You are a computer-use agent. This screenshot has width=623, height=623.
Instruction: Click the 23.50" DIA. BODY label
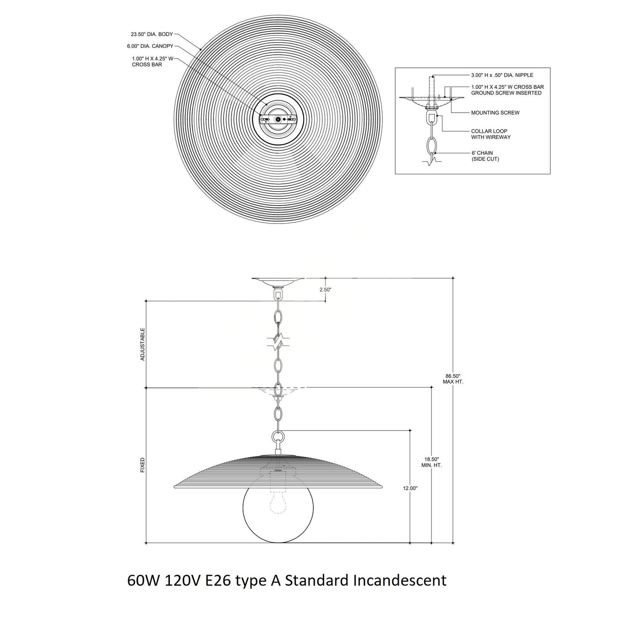152,34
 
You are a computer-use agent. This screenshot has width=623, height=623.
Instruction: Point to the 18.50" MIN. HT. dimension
432,463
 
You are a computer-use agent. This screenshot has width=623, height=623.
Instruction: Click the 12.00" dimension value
410,488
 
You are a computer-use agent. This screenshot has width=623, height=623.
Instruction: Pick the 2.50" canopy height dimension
326,290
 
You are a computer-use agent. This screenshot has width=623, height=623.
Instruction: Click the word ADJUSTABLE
143,344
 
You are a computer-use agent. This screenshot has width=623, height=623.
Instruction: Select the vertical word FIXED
143,465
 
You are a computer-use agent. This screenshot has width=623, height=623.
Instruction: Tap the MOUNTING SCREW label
495,113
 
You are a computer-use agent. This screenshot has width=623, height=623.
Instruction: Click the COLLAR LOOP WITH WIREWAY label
491,134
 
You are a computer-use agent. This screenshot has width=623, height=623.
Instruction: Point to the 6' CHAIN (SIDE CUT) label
485,156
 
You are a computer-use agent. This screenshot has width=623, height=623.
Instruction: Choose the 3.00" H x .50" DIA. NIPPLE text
502,75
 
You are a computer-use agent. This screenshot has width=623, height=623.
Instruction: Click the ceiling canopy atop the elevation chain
278,282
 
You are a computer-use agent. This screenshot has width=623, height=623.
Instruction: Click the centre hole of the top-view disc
278,119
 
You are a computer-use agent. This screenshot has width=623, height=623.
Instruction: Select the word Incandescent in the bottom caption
400,580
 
